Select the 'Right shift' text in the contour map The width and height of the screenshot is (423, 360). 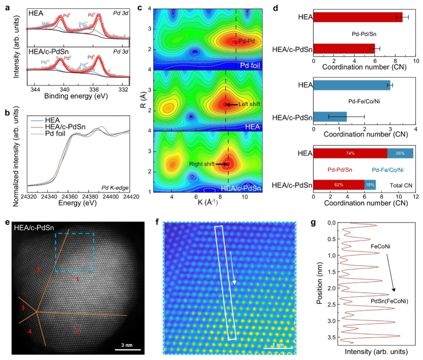tap(202, 164)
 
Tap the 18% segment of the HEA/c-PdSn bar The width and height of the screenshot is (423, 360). tap(370, 184)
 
